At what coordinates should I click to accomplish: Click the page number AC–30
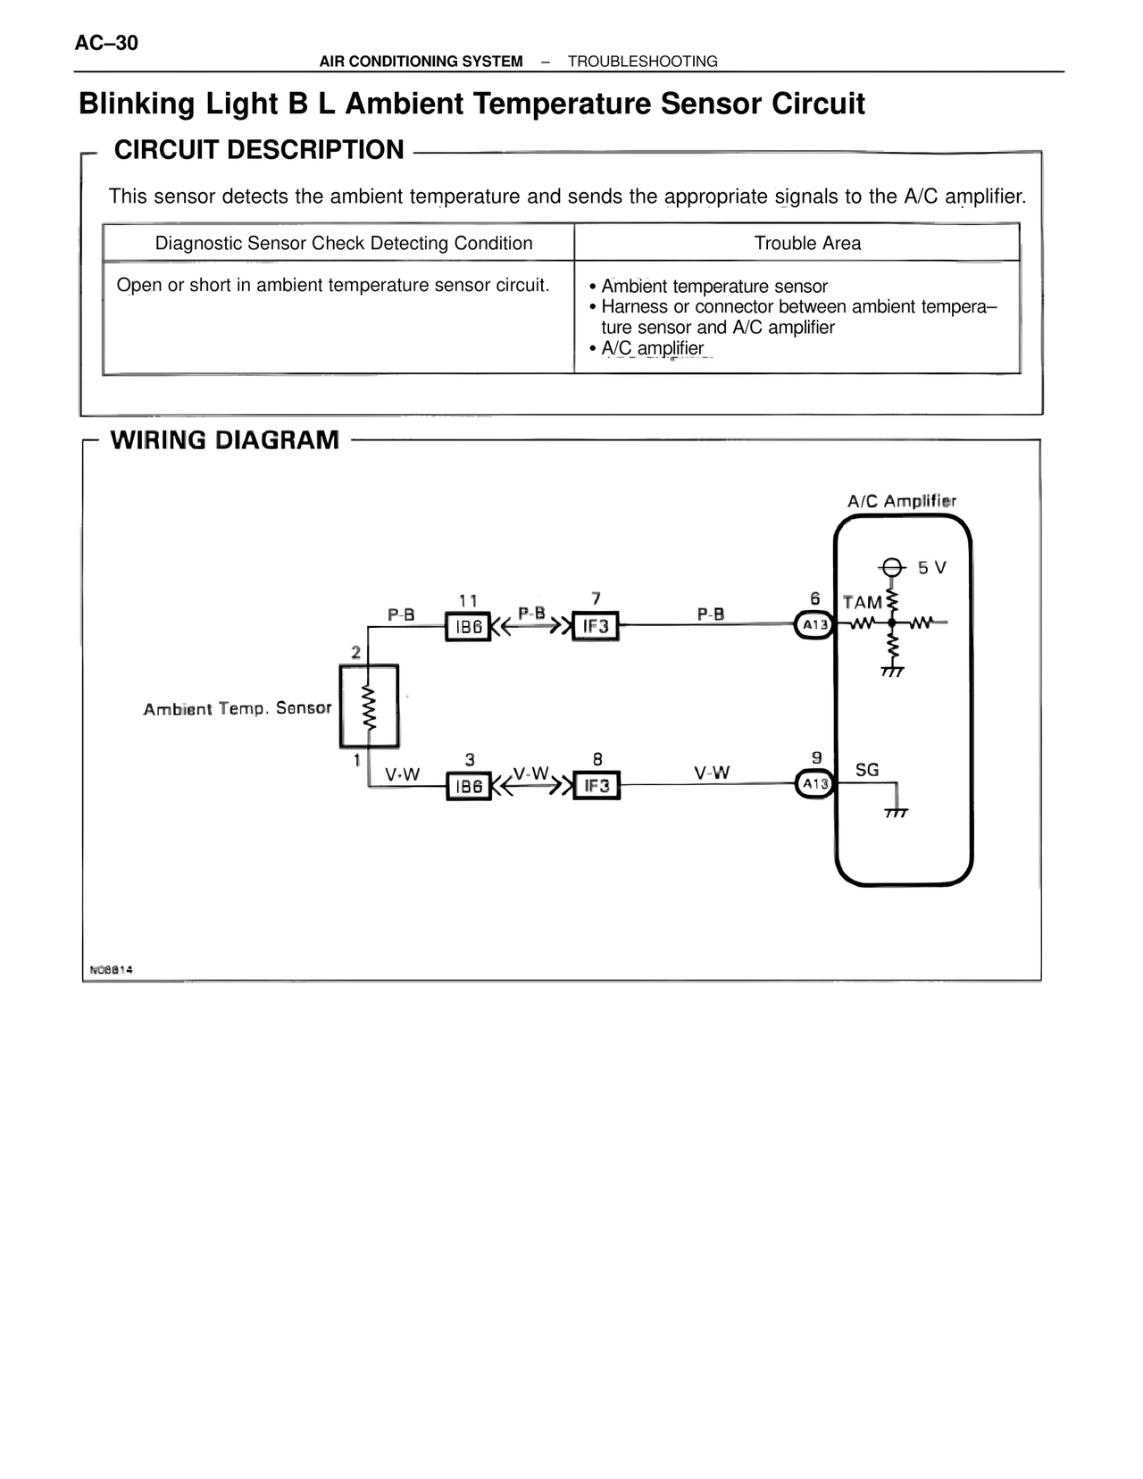tap(106, 43)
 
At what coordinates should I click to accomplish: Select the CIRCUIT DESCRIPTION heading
tap(259, 150)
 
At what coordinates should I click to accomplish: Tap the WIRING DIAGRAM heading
tap(224, 440)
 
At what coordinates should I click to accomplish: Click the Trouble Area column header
tap(807, 243)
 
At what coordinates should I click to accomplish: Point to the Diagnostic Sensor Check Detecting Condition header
tap(344, 243)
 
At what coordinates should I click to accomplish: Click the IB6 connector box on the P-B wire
tap(468, 627)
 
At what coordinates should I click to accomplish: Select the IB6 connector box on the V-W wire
tap(468, 786)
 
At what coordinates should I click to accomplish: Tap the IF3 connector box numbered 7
tap(596, 626)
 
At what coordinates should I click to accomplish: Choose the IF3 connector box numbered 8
tap(596, 785)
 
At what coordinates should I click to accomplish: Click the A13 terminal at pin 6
tap(813, 624)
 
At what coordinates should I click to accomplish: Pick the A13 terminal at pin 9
tap(814, 784)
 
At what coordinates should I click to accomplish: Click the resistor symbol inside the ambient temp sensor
tap(368, 706)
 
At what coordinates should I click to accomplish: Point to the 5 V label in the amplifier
tap(931, 568)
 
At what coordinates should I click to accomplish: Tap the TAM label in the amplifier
tap(862, 603)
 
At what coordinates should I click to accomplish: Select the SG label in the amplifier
tap(867, 770)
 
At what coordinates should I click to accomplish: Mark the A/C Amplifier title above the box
tap(901, 501)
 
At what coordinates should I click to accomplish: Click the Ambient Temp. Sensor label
tap(238, 708)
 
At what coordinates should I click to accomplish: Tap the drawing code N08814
tap(111, 969)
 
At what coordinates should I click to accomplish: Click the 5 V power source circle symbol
tap(890, 567)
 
